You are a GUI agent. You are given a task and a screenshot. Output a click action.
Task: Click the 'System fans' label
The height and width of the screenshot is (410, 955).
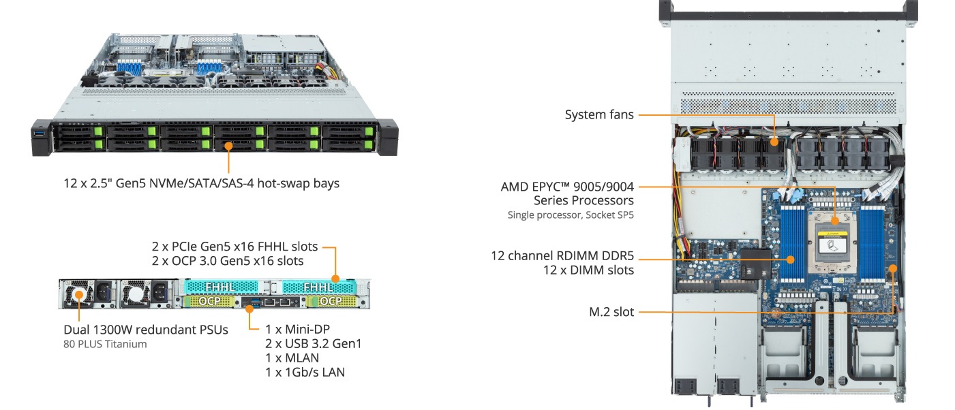coord(598,115)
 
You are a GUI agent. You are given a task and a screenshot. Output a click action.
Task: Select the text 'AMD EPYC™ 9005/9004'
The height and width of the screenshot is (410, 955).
coord(567,186)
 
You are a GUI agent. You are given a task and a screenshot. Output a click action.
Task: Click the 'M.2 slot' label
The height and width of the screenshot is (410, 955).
coord(611,312)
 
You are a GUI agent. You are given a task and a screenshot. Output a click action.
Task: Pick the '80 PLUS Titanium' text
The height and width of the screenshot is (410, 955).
coord(104,344)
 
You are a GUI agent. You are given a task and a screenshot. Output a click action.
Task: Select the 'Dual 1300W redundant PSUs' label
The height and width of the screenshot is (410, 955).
coord(145,330)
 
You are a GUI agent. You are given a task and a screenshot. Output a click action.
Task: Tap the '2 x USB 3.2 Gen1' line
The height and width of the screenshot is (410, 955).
coord(313,343)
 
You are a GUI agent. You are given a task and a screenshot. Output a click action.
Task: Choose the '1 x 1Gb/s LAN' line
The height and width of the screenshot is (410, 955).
coord(305,372)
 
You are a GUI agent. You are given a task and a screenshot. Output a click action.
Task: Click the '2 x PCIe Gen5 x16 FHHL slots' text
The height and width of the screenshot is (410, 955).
coord(235,246)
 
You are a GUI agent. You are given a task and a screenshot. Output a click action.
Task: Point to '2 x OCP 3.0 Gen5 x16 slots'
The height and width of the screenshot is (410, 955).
coord(228,261)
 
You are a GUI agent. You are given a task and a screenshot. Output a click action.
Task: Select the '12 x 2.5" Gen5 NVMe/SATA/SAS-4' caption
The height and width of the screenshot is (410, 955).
coord(201,183)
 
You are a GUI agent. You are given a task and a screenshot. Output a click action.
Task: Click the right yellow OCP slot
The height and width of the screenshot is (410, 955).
coord(331,300)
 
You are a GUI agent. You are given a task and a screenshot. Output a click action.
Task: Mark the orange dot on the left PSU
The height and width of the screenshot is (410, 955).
coord(78,295)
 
